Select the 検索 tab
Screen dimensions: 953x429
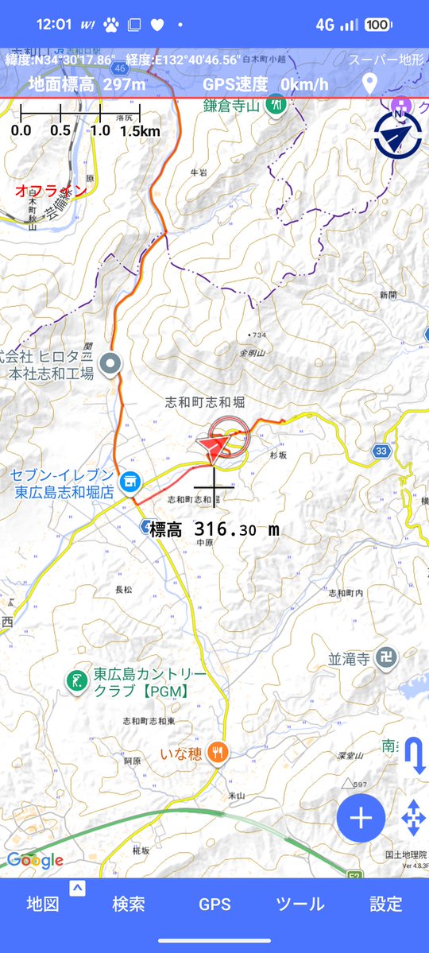[129, 904]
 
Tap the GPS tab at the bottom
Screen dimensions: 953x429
[214, 904]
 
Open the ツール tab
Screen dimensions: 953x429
[300, 904]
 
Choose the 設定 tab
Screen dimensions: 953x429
[386, 904]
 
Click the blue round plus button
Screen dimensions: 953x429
[361, 818]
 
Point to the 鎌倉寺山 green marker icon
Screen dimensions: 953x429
[276, 103]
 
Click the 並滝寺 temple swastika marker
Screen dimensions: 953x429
[385, 660]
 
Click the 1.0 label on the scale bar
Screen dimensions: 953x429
[100, 130]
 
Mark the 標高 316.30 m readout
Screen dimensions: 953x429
[214, 529]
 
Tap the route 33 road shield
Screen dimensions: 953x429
[382, 451]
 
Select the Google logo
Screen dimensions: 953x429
[35, 860]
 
